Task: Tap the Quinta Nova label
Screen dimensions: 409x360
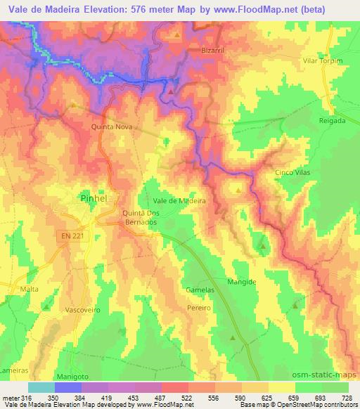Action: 112,128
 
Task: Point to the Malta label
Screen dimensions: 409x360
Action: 29,289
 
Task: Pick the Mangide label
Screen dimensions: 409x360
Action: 241,282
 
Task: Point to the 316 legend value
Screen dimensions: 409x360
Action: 27,398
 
